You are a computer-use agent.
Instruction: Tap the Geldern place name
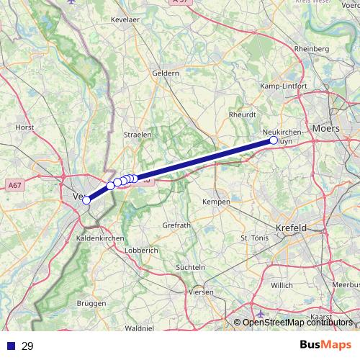click(166, 73)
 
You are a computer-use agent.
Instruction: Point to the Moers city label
click(326, 128)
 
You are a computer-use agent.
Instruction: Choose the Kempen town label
click(217, 202)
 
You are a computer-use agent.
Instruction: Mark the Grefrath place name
click(176, 225)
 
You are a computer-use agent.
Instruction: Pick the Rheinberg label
click(311, 48)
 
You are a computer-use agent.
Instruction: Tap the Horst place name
click(25, 127)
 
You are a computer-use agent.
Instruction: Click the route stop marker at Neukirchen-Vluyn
click(274, 141)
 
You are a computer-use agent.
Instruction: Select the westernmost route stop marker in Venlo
click(86, 200)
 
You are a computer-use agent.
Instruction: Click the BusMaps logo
click(326, 346)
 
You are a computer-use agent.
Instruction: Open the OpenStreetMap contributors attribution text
click(297, 323)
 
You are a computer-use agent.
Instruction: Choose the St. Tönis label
click(253, 237)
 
